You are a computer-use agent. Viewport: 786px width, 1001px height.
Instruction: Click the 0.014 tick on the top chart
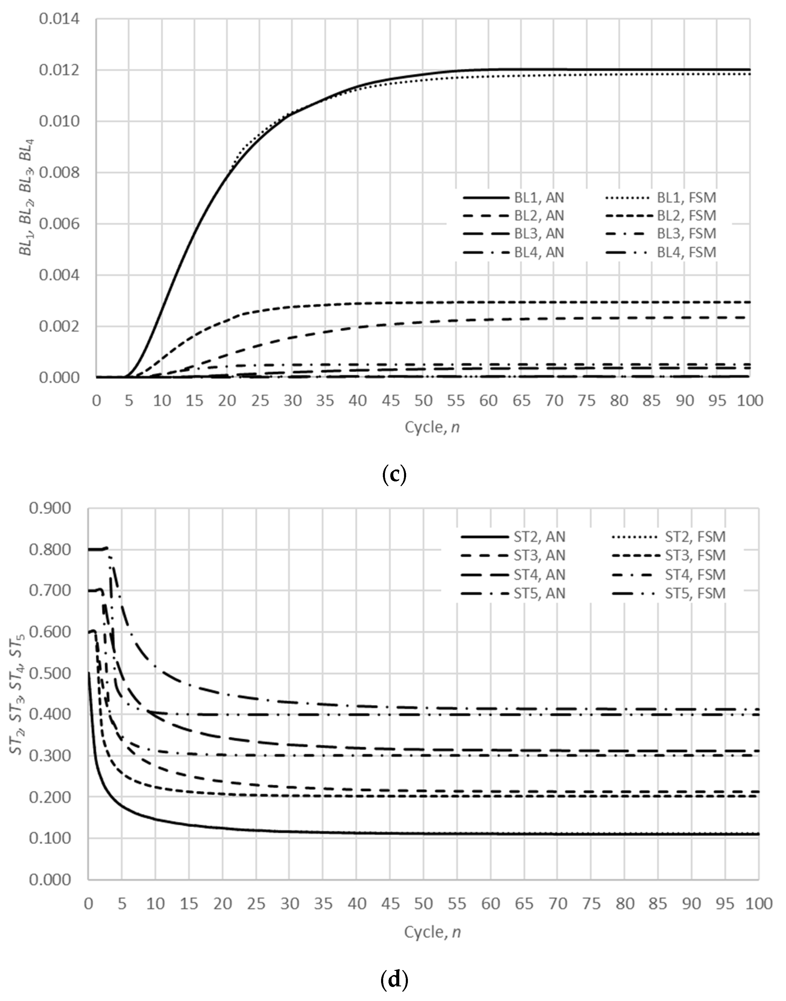coord(59,19)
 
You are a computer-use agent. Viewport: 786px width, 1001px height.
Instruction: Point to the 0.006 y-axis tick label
coord(59,224)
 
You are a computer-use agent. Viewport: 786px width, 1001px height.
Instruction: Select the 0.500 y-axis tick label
coord(50,673)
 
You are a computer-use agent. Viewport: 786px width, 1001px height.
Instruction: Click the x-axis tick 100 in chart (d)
coord(758,903)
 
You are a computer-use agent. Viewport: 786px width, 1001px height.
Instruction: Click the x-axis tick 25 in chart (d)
coord(256,903)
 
